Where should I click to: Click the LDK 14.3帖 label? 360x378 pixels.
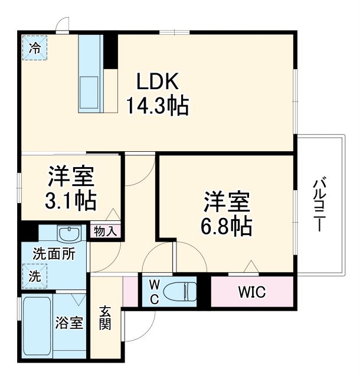156,93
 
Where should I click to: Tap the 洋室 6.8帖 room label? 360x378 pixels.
228,213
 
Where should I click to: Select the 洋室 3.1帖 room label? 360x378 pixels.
71,188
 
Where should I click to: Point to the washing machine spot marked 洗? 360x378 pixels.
35,275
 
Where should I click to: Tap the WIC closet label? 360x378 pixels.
252,292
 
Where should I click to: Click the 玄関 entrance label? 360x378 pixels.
105,318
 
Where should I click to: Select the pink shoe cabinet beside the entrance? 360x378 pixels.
130,291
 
